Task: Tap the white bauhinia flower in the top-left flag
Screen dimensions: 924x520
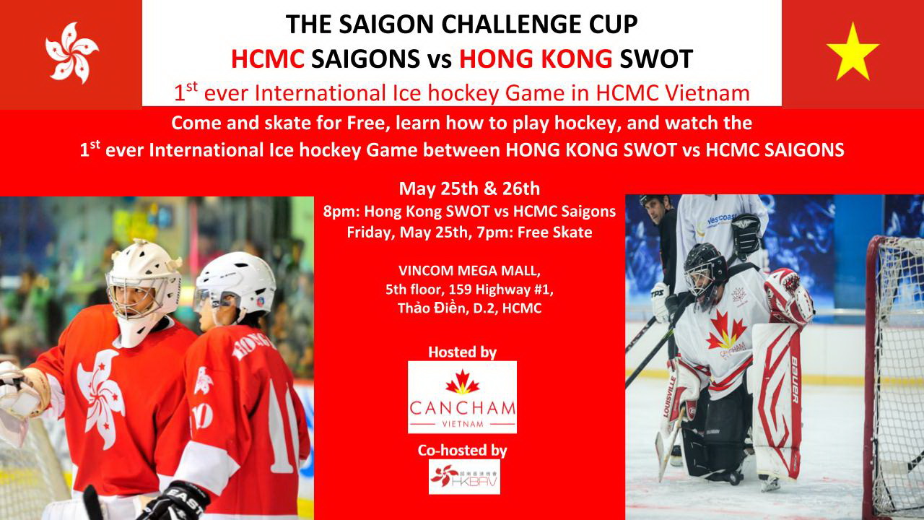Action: coord(71,53)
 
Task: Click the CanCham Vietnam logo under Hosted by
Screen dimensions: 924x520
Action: coord(462,397)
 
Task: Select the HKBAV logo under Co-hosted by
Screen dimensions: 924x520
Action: coord(464,477)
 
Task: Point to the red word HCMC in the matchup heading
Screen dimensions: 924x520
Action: coord(268,59)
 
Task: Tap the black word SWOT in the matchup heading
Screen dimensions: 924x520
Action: coord(656,59)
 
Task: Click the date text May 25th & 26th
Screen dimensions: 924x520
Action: coord(469,188)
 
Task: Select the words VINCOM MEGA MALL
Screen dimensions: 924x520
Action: coord(469,271)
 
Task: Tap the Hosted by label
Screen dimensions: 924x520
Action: coord(463,352)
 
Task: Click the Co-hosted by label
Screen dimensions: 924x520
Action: coord(463,450)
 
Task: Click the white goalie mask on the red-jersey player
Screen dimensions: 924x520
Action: coord(143,289)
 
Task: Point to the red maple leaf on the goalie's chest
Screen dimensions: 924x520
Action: coord(726,330)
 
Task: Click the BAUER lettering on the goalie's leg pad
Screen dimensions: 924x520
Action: coord(795,380)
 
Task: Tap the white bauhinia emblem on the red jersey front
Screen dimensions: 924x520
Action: coord(101,398)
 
